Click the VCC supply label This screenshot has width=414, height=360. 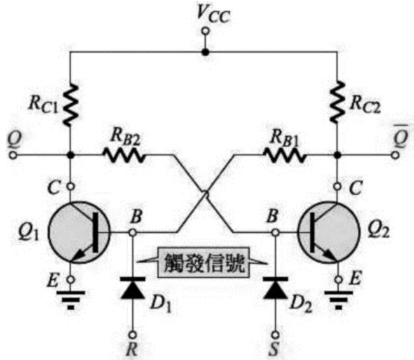pos(213,14)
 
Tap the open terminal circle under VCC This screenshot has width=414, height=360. pos(206,31)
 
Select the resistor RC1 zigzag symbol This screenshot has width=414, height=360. pos(70,105)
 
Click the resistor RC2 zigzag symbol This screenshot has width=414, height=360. pos(338,102)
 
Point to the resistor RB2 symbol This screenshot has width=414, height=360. pos(124,155)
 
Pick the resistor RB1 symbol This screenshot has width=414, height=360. pos(285,155)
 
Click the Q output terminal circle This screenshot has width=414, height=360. pos(13,155)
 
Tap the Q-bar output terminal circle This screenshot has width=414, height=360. pos(395,155)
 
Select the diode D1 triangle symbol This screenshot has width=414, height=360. pos(132,288)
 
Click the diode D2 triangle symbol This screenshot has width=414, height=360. pos(276,288)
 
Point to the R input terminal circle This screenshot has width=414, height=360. pos(132,335)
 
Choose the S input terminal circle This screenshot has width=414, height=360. pos(276,335)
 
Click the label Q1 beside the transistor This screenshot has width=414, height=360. pos(28,232)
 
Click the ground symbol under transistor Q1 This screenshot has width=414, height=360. pos(70,300)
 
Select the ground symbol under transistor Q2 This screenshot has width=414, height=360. pos(339,300)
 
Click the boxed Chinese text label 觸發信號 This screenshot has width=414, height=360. pos(203,263)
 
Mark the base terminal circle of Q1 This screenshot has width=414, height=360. pos(132,232)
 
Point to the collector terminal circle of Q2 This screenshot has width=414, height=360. pos(337,187)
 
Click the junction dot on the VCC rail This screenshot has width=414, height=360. pos(206,52)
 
